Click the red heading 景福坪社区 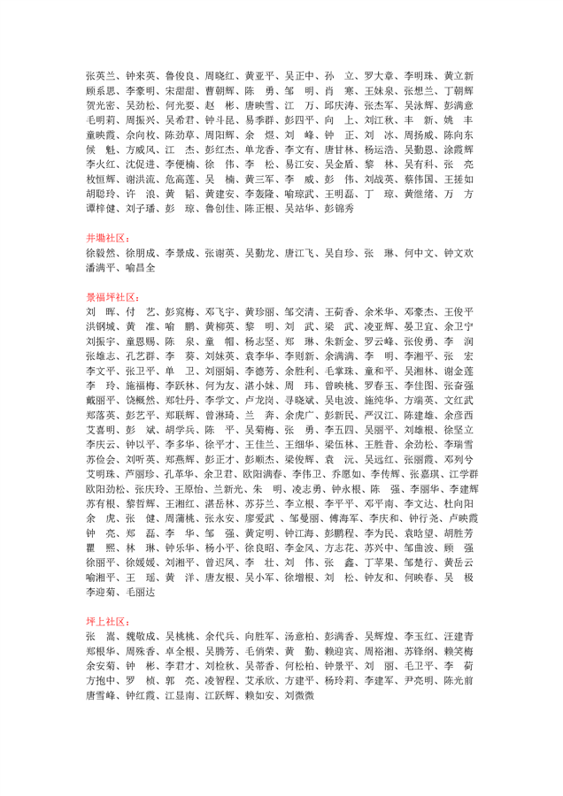[x=112, y=298]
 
